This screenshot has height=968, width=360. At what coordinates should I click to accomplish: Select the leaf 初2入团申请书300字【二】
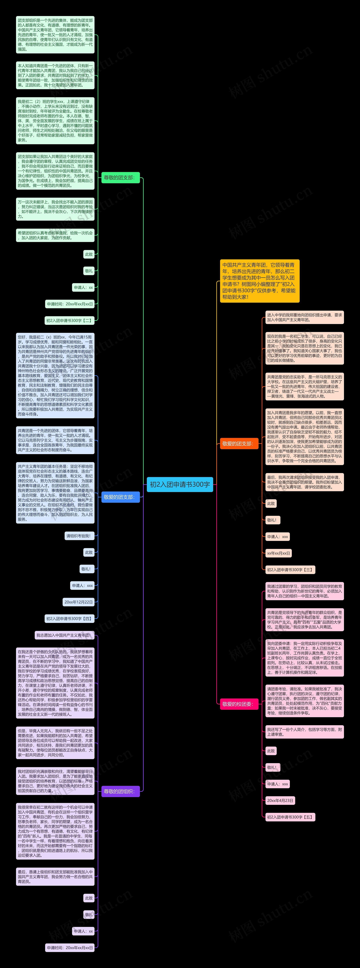(69, 321)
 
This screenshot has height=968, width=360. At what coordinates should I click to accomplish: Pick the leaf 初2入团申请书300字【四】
(69, 619)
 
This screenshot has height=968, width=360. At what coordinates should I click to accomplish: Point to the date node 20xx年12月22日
(78, 602)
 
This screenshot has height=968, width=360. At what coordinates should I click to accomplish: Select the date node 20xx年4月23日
(280, 800)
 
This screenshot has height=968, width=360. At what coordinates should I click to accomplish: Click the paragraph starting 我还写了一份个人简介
(304, 732)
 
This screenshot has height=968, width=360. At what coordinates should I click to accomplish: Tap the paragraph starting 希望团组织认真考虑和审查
(55, 235)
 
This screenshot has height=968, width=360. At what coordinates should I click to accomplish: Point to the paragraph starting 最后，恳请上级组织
(55, 876)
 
